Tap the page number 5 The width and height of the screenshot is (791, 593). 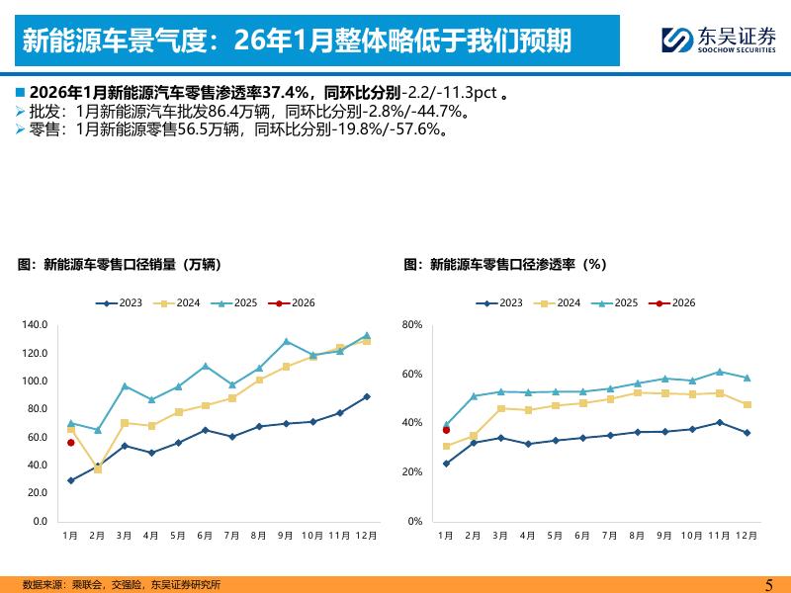click(769, 583)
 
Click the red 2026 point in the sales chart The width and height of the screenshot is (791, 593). click(70, 443)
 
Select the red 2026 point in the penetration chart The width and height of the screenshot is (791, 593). click(446, 430)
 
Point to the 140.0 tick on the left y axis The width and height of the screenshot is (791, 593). click(34, 325)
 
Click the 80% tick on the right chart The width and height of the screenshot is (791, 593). click(412, 325)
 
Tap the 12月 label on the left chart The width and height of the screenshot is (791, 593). click(366, 535)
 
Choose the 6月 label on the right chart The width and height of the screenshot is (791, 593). click(582, 535)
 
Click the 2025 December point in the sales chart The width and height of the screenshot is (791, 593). click(366, 336)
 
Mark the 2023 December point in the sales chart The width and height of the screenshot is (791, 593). click(366, 396)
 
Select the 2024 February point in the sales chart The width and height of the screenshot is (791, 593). click(97, 468)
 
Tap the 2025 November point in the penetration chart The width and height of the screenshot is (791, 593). click(719, 373)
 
